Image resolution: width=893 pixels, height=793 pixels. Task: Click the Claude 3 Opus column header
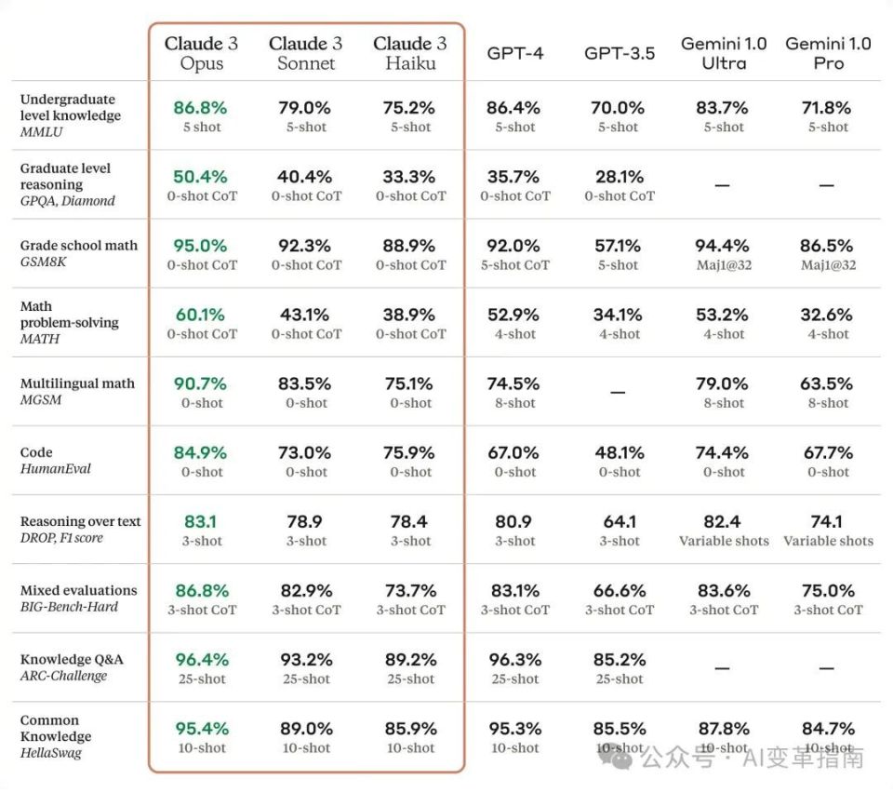(201, 53)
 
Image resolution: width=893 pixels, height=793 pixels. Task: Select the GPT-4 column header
(514, 53)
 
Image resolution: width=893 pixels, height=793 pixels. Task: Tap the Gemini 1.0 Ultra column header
(724, 53)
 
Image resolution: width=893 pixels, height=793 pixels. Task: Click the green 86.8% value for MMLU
(200, 107)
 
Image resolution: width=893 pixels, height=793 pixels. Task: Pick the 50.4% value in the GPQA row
(200, 177)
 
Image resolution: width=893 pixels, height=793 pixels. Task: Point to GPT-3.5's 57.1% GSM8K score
(618, 246)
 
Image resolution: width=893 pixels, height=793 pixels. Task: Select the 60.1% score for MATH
(200, 315)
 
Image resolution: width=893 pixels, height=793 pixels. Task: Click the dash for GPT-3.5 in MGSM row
(618, 393)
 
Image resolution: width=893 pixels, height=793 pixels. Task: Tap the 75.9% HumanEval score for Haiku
(409, 453)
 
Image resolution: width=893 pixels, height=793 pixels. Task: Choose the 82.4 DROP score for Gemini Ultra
(723, 522)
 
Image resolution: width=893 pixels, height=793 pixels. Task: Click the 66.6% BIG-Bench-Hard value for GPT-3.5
(619, 591)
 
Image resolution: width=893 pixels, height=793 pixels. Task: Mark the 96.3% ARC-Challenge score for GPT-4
(514, 660)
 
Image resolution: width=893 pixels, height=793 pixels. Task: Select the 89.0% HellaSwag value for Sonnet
(305, 729)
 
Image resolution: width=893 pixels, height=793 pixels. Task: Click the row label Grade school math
(78, 246)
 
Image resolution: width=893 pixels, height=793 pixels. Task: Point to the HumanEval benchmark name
(56, 469)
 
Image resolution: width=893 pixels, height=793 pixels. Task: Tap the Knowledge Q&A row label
(72, 660)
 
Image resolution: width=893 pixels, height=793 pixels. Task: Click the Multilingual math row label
(77, 383)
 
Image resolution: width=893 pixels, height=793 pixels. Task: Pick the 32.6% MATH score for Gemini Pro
(828, 315)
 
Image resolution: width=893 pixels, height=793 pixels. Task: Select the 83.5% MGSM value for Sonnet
(305, 383)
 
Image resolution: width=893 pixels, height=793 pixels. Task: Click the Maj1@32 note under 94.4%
(723, 265)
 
